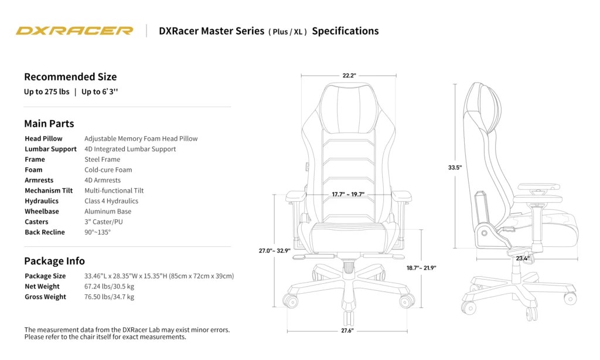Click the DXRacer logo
tap(74, 30)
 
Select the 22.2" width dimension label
tap(349, 76)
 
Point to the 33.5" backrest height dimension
tap(455, 167)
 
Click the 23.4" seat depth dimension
tap(523, 258)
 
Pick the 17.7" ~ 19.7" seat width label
tap(348, 195)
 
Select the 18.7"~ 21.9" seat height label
tap(421, 268)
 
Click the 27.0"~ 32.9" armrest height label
tap(275, 251)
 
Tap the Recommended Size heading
tap(70, 77)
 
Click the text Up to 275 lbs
tap(47, 92)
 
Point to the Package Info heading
tap(54, 261)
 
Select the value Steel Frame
tap(102, 159)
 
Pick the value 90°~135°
tap(97, 232)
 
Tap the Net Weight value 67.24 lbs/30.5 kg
tap(109, 287)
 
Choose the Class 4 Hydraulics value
tap(111, 201)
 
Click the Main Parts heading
tap(49, 124)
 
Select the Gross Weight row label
tap(45, 297)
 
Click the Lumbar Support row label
tap(50, 149)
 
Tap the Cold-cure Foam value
tap(108, 170)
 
